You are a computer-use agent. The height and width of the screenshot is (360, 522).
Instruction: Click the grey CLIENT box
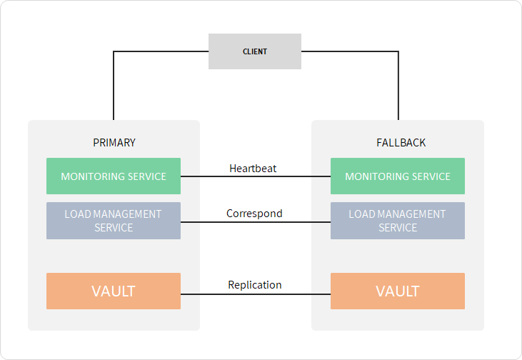pos(255,51)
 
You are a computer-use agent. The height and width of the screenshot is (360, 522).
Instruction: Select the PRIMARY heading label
pos(114,143)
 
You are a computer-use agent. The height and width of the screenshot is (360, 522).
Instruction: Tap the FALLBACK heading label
pos(401,143)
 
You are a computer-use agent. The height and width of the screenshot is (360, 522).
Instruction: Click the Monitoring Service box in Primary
pos(114,176)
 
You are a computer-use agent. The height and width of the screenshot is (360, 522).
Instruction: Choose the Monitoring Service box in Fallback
pos(398,176)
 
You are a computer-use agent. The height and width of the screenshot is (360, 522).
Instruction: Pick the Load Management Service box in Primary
pos(114,221)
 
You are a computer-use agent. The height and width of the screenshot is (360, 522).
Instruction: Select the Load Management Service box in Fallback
pos(398,221)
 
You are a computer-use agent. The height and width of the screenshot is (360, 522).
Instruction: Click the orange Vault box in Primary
pos(114,291)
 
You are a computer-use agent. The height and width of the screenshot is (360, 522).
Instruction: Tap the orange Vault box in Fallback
pos(398,291)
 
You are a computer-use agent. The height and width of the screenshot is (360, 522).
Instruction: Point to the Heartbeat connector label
pos(253,169)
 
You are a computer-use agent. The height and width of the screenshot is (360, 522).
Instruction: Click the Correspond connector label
pos(254,213)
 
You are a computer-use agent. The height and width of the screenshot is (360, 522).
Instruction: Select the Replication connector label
pos(255,285)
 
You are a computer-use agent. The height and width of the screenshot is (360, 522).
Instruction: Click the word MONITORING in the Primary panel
pos(91,176)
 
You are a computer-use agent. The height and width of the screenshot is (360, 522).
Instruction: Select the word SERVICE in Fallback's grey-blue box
pos(398,228)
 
